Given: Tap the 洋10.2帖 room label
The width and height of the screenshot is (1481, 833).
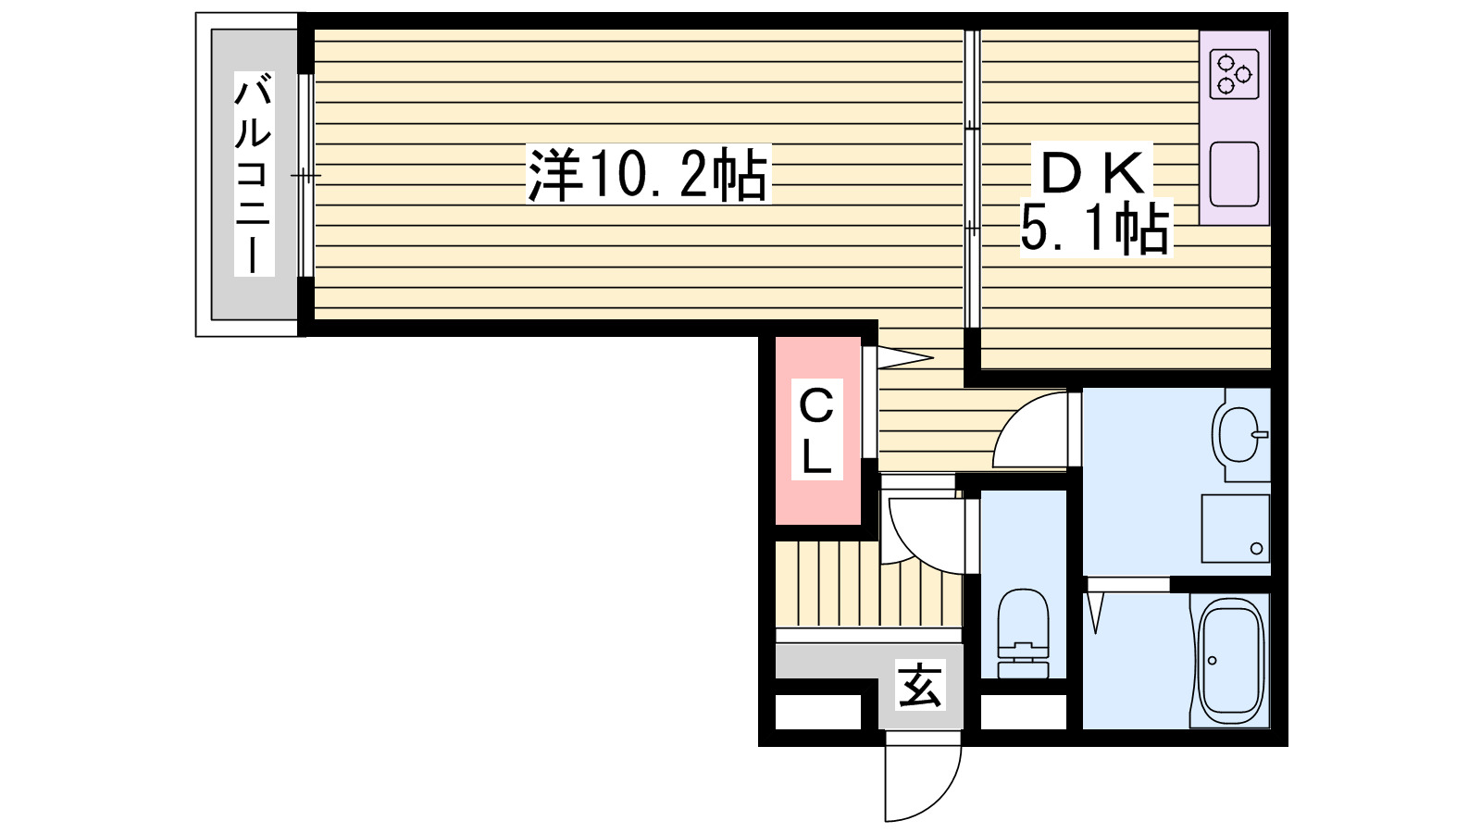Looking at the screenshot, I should (648, 174).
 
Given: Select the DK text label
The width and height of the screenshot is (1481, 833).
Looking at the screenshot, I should (1094, 172).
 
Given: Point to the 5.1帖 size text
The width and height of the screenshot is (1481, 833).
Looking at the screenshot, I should (1095, 229).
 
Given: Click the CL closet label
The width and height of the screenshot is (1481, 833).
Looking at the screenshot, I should (816, 430).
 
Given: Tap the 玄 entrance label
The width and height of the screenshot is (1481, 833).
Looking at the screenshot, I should (920, 686).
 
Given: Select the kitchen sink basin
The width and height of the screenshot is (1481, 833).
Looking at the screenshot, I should (1234, 174).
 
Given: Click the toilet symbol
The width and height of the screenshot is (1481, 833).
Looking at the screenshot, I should (1023, 634).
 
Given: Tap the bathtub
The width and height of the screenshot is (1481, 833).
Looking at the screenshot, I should (1231, 659).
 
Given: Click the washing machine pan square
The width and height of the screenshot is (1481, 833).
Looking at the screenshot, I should (1235, 528).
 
